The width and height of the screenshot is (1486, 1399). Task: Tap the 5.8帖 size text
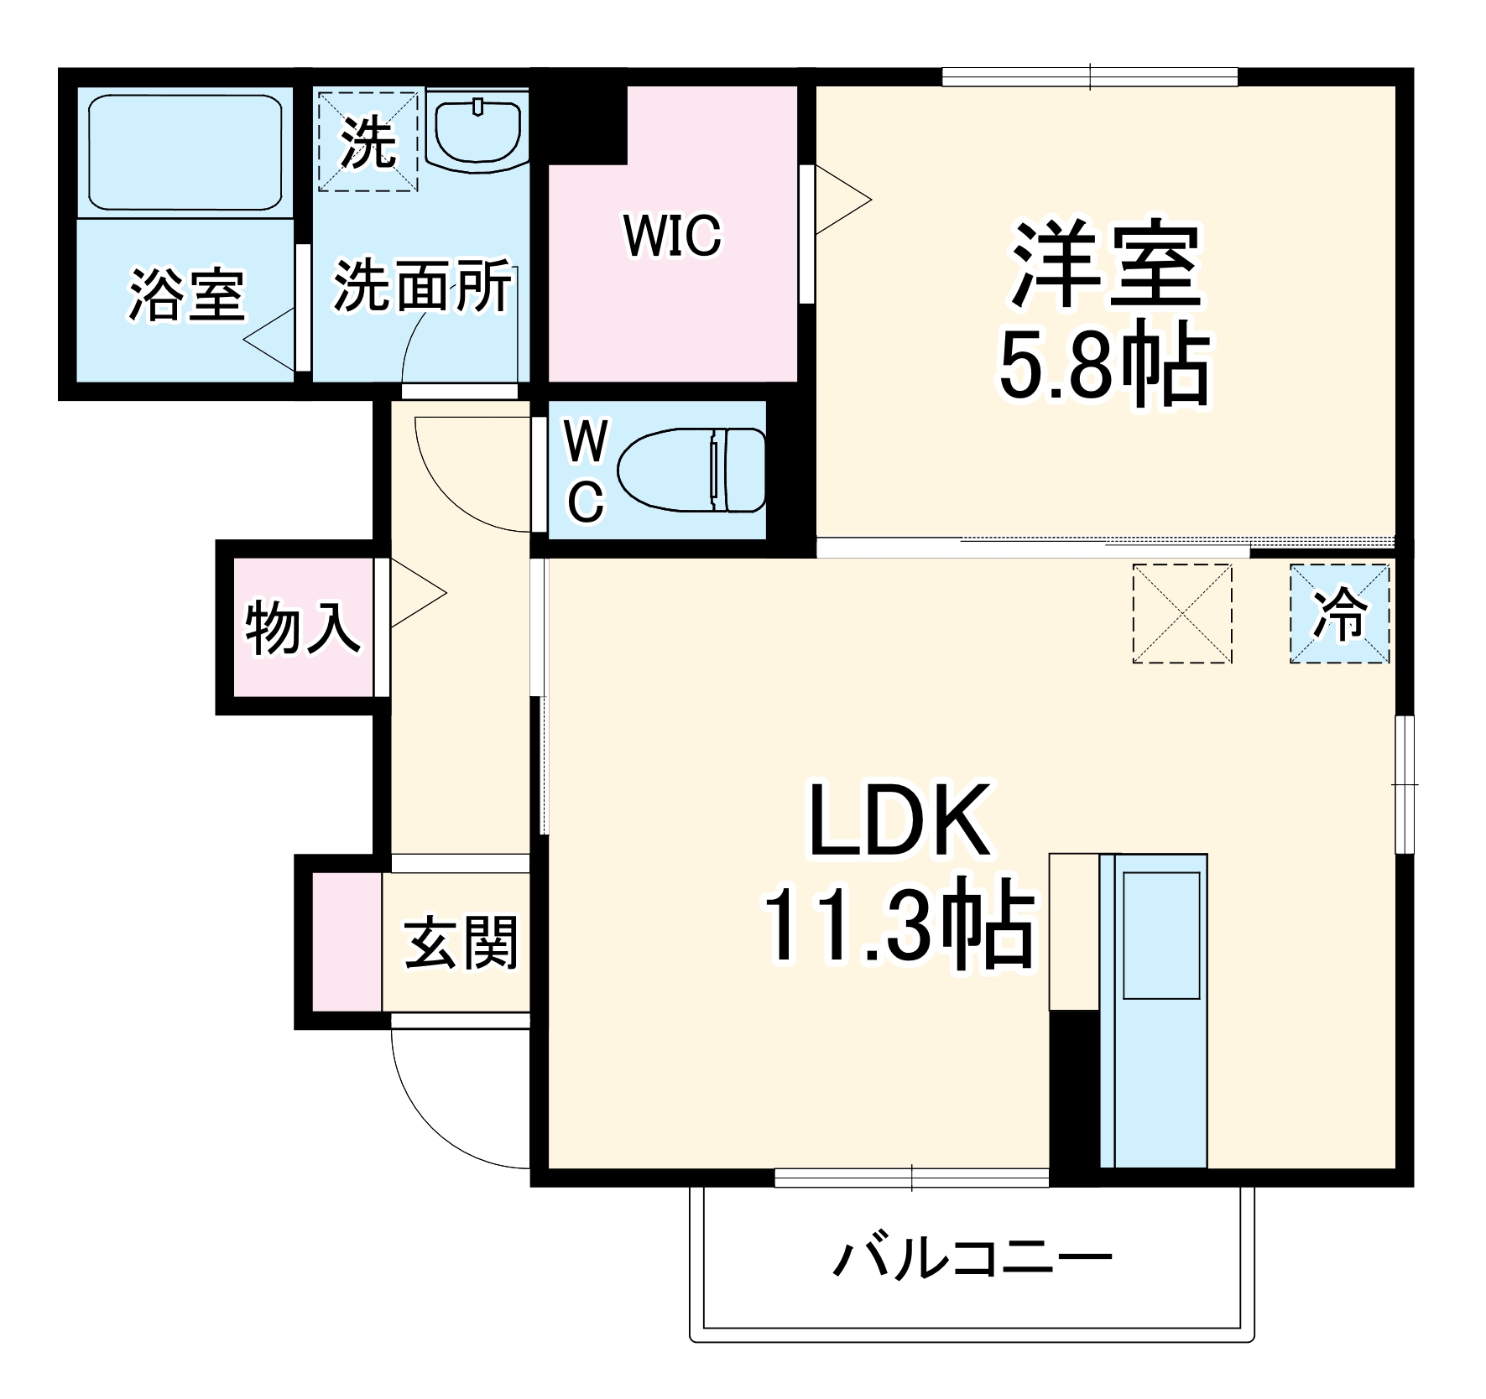[x=1104, y=367]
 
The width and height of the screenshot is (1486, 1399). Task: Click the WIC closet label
[x=672, y=236]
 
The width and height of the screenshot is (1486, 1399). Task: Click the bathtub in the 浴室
[x=185, y=152]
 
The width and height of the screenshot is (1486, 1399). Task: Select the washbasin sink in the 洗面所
[x=477, y=131]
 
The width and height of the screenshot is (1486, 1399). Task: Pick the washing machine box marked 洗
[x=368, y=142]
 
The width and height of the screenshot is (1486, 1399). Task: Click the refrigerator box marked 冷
[x=1339, y=614]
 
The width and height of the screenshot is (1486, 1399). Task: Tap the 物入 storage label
[x=302, y=627]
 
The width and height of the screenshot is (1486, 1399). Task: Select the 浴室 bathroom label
[x=186, y=294]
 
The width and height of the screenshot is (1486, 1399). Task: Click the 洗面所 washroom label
[x=422, y=286]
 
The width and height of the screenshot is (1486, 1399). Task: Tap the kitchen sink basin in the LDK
[x=1161, y=935]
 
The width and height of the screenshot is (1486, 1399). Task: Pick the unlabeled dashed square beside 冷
[x=1182, y=614]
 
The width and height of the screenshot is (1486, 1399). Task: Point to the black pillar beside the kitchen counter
[x=1074, y=1088]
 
